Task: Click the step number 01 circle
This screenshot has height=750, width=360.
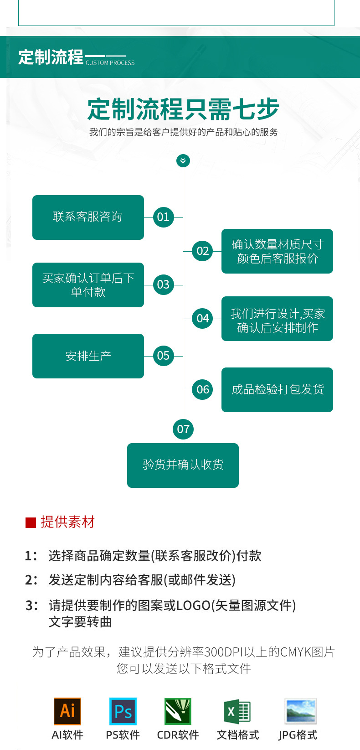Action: click(x=163, y=217)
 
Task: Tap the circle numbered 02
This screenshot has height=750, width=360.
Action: click(x=203, y=251)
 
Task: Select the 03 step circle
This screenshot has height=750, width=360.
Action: click(x=163, y=284)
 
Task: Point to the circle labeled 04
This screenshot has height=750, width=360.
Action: click(x=203, y=318)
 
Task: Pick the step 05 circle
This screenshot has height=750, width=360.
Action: click(x=163, y=356)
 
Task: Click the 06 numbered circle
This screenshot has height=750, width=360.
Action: click(x=203, y=389)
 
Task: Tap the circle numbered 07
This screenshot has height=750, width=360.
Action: click(x=183, y=429)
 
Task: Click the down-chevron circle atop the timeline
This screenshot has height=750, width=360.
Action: click(x=183, y=160)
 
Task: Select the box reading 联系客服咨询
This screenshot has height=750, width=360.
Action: click(x=88, y=217)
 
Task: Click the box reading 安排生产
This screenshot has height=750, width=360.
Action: click(x=88, y=356)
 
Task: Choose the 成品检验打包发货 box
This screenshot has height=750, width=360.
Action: click(x=277, y=389)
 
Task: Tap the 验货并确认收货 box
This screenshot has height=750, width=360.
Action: click(x=183, y=465)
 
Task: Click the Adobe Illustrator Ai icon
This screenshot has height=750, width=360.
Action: click(x=67, y=711)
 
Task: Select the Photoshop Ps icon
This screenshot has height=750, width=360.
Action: click(x=123, y=711)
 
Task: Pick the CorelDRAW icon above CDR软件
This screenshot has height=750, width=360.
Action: click(x=178, y=711)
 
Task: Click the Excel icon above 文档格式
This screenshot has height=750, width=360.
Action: click(x=237, y=711)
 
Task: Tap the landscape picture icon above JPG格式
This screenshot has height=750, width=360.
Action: click(x=300, y=711)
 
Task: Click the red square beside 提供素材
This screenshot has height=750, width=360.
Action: click(x=31, y=522)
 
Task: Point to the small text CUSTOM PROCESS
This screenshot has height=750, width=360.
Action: click(x=110, y=63)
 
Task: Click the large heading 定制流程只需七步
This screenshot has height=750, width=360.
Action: click(x=183, y=109)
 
